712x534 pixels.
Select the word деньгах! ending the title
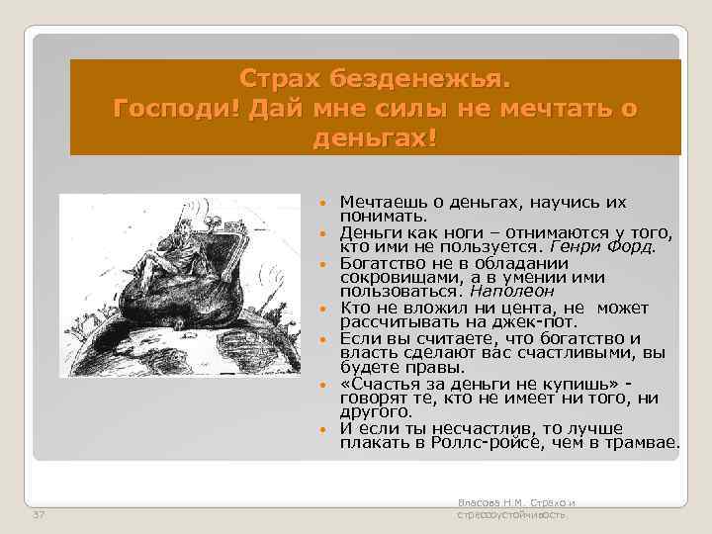375,135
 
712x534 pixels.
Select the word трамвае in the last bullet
645,444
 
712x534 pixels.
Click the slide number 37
39,515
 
